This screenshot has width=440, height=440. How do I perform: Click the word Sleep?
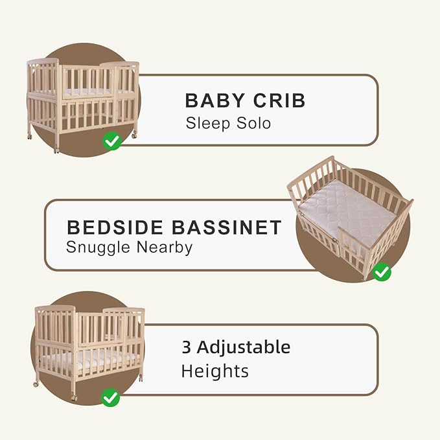tap(204, 122)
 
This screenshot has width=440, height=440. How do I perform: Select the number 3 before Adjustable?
tap(187, 347)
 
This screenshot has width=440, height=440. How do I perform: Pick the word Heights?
tap(214, 371)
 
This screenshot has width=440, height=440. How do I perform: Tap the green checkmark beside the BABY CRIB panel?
tap(112, 141)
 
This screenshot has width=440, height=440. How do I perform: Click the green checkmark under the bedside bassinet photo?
tap(382, 272)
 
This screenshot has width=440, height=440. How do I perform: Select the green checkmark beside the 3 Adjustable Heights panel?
tap(110, 396)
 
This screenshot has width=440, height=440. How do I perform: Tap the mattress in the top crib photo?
tap(84, 92)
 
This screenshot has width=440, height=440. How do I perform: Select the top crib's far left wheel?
tap(29, 136)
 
